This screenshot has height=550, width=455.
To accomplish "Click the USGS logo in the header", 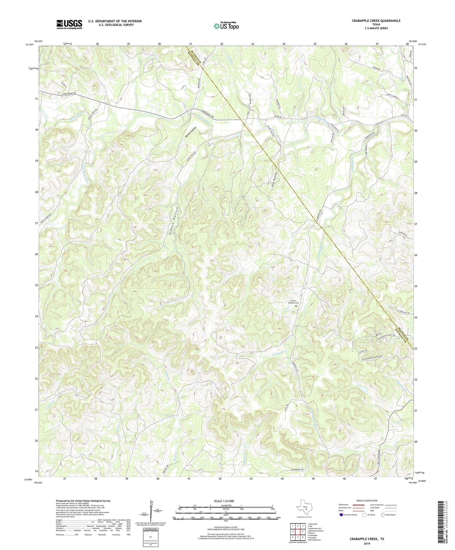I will pyautogui.click(x=69, y=24).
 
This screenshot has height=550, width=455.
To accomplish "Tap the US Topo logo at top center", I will pyautogui.click(x=226, y=26).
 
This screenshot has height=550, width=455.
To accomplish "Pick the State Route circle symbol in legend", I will pyautogui.click(x=383, y=515).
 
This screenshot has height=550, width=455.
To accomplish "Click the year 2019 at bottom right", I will pyautogui.click(x=367, y=543).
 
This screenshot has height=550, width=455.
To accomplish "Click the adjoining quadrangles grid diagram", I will pyautogui.click(x=297, y=531).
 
